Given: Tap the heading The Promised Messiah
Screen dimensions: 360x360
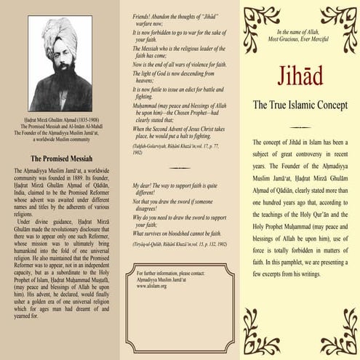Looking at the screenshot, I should pyautogui.click(x=61, y=157).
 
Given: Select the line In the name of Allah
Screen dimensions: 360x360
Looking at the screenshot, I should pyautogui.click(x=299, y=33).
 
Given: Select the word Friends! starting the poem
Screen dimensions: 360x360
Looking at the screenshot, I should pyautogui.click(x=143, y=16).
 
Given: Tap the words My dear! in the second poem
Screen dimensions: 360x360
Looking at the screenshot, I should pyautogui.click(x=143, y=185).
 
